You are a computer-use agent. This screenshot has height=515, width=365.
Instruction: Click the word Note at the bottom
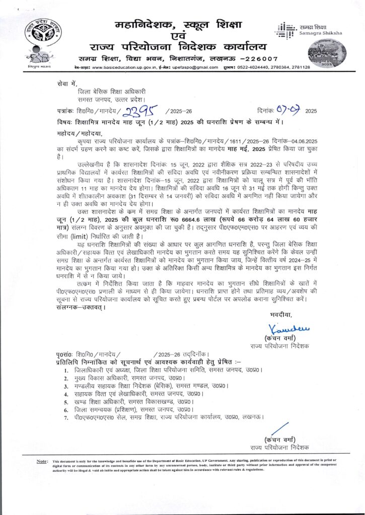point(42,461)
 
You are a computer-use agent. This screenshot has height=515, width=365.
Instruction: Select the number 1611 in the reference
point(238,143)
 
